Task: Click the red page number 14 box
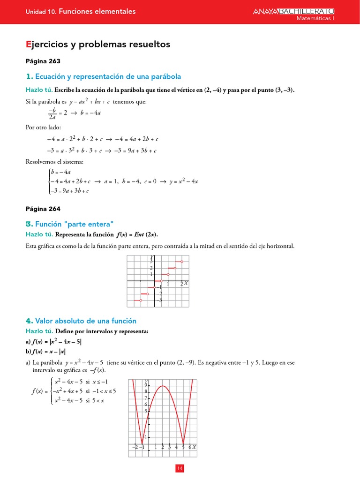click(x=180, y=468)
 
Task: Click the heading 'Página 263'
click(x=43, y=61)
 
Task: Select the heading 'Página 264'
click(x=43, y=209)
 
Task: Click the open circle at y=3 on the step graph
click(x=182, y=262)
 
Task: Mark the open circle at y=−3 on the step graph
click(x=141, y=300)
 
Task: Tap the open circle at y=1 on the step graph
click(x=168, y=274)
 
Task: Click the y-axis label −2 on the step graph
click(x=159, y=294)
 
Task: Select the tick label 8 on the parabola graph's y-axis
click(x=146, y=391)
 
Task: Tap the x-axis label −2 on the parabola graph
click(x=135, y=448)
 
